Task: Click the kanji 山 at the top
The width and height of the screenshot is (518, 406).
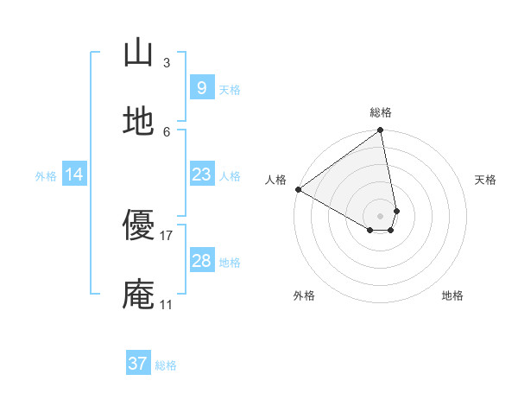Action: point(138,54)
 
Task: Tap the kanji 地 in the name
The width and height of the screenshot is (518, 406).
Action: point(138,123)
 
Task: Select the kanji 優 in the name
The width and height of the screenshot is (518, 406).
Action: point(138,226)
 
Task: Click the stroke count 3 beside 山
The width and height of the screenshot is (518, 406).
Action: point(167,62)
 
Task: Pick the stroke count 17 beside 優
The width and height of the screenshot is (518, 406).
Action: point(167,235)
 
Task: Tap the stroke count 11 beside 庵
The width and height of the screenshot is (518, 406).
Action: point(167,304)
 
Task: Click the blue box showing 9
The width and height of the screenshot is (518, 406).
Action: point(201,88)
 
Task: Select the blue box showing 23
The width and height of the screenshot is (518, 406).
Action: point(201,174)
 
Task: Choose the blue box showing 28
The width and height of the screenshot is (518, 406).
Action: point(201,261)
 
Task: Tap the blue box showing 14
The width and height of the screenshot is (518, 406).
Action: point(74,174)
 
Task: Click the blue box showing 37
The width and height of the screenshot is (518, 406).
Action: point(138,364)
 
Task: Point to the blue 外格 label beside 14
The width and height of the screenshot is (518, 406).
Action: point(46,175)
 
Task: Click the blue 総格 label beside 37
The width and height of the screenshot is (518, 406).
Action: point(166,365)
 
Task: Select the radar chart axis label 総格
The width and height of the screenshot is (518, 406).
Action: point(381,112)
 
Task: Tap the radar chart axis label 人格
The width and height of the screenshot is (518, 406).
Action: point(275,180)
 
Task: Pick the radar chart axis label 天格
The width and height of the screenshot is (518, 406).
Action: point(485,180)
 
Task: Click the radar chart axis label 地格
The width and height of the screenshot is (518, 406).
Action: point(452,295)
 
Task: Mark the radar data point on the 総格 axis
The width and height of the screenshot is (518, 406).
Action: point(381,130)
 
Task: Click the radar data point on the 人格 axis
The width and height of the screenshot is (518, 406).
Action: point(298,189)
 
